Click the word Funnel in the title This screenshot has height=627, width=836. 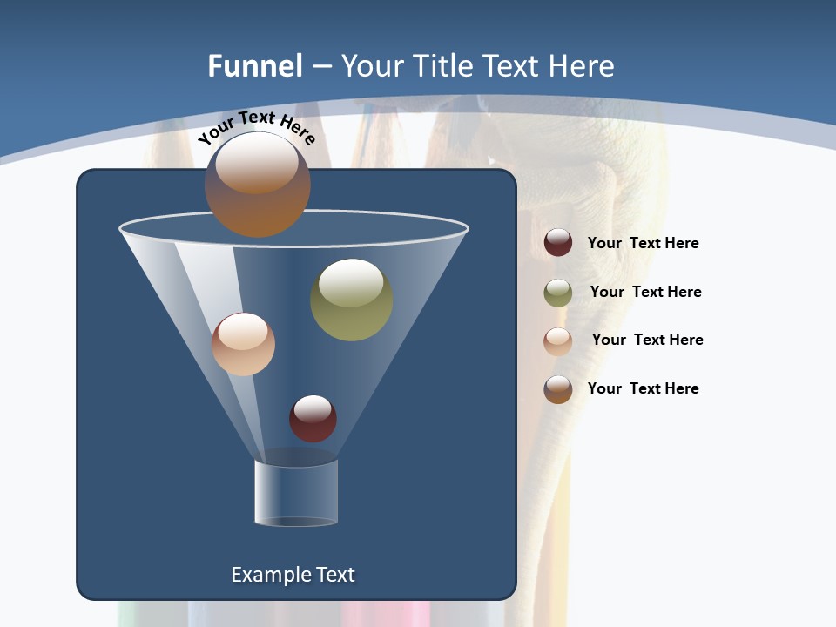tap(255, 66)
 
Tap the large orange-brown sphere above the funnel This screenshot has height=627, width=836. tap(257, 185)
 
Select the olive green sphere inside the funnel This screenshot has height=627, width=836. tap(351, 300)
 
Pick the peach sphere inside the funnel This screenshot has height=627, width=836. tap(243, 344)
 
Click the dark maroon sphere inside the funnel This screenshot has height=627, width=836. tap(313, 419)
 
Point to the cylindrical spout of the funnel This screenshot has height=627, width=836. tap(296, 492)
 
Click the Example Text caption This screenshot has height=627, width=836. tap(293, 575)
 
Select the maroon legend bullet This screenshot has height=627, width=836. tap(558, 243)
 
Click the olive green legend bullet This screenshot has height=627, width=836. tap(558, 293)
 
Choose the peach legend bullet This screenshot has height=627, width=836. tap(558, 341)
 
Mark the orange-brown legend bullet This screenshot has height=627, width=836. tap(558, 389)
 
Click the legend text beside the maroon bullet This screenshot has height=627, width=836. tap(643, 243)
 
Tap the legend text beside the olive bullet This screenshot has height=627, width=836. tap(645, 292)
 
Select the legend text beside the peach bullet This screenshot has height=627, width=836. tap(647, 340)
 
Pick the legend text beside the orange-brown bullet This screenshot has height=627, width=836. tap(643, 388)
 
